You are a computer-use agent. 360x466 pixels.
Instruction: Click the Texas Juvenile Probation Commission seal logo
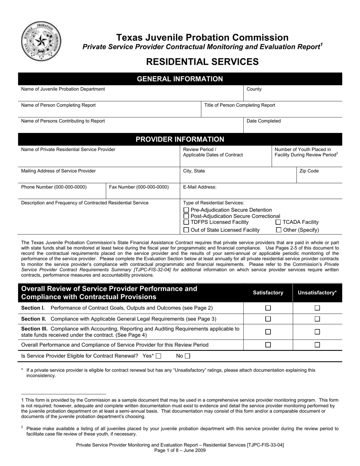[41, 41]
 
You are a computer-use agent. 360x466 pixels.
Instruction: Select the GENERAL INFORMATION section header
[180, 79]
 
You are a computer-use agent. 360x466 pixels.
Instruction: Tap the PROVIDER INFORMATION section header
[180, 139]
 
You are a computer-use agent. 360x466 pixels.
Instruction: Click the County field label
[254, 89]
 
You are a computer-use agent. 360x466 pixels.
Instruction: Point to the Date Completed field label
[263, 121]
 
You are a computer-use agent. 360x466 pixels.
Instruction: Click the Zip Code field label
[309, 171]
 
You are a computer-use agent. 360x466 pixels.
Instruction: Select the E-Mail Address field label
[200, 187]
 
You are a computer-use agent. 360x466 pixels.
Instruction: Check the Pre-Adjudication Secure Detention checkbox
[186, 210]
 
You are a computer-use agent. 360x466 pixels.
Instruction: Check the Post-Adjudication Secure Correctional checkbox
[186, 216]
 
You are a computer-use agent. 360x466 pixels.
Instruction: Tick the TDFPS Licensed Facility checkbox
[186, 222]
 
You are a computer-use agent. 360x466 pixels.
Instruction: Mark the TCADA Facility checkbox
[279, 222]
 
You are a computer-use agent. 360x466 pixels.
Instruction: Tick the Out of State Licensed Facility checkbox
[186, 230]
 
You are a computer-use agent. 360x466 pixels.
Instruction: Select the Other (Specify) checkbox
[279, 230]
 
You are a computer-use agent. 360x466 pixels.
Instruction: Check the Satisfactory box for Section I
[268, 308]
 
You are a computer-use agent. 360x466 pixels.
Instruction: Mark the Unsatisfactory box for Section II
[317, 319]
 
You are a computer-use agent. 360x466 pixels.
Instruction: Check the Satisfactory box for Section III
[268, 332]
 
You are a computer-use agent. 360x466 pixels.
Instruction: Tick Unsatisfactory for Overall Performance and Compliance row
[317, 345]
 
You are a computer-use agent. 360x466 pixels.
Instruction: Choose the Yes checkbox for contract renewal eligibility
[158, 356]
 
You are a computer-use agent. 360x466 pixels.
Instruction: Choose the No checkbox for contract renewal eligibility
[187, 356]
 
